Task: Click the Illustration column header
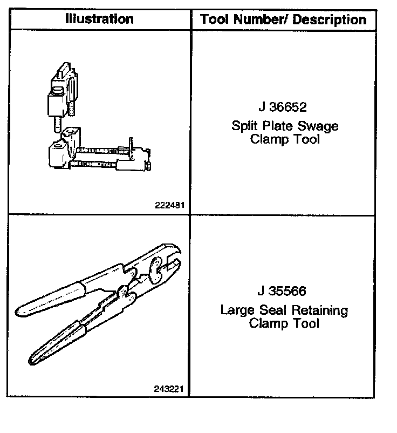pyautogui.click(x=99, y=19)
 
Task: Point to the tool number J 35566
pyautogui.click(x=282, y=292)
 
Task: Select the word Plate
pyautogui.click(x=280, y=126)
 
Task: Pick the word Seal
pyautogui.click(x=273, y=310)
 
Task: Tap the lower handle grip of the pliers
pyautogui.click(x=54, y=340)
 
